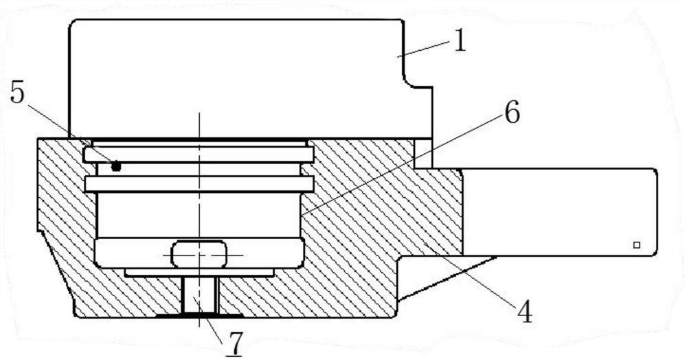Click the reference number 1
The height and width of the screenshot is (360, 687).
pyautogui.click(x=459, y=42)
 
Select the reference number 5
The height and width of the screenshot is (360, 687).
pyautogui.click(x=17, y=93)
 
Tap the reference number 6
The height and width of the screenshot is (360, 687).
pyautogui.click(x=511, y=113)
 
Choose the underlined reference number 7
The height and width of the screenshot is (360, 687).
pyautogui.click(x=235, y=344)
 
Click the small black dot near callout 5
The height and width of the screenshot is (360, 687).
pyautogui.click(x=115, y=166)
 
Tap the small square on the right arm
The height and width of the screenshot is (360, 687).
pyautogui.click(x=637, y=245)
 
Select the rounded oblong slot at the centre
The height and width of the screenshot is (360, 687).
pyautogui.click(x=199, y=254)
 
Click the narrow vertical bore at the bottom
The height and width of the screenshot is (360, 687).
pyautogui.click(x=200, y=295)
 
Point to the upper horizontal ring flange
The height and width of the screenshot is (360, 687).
pyautogui.click(x=199, y=155)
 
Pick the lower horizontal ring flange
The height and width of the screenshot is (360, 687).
pyautogui.click(x=199, y=184)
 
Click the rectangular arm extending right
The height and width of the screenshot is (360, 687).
pyautogui.click(x=559, y=212)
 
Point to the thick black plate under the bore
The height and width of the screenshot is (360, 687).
pyautogui.click(x=200, y=315)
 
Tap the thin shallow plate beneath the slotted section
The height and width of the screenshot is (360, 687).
pyautogui.click(x=199, y=273)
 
